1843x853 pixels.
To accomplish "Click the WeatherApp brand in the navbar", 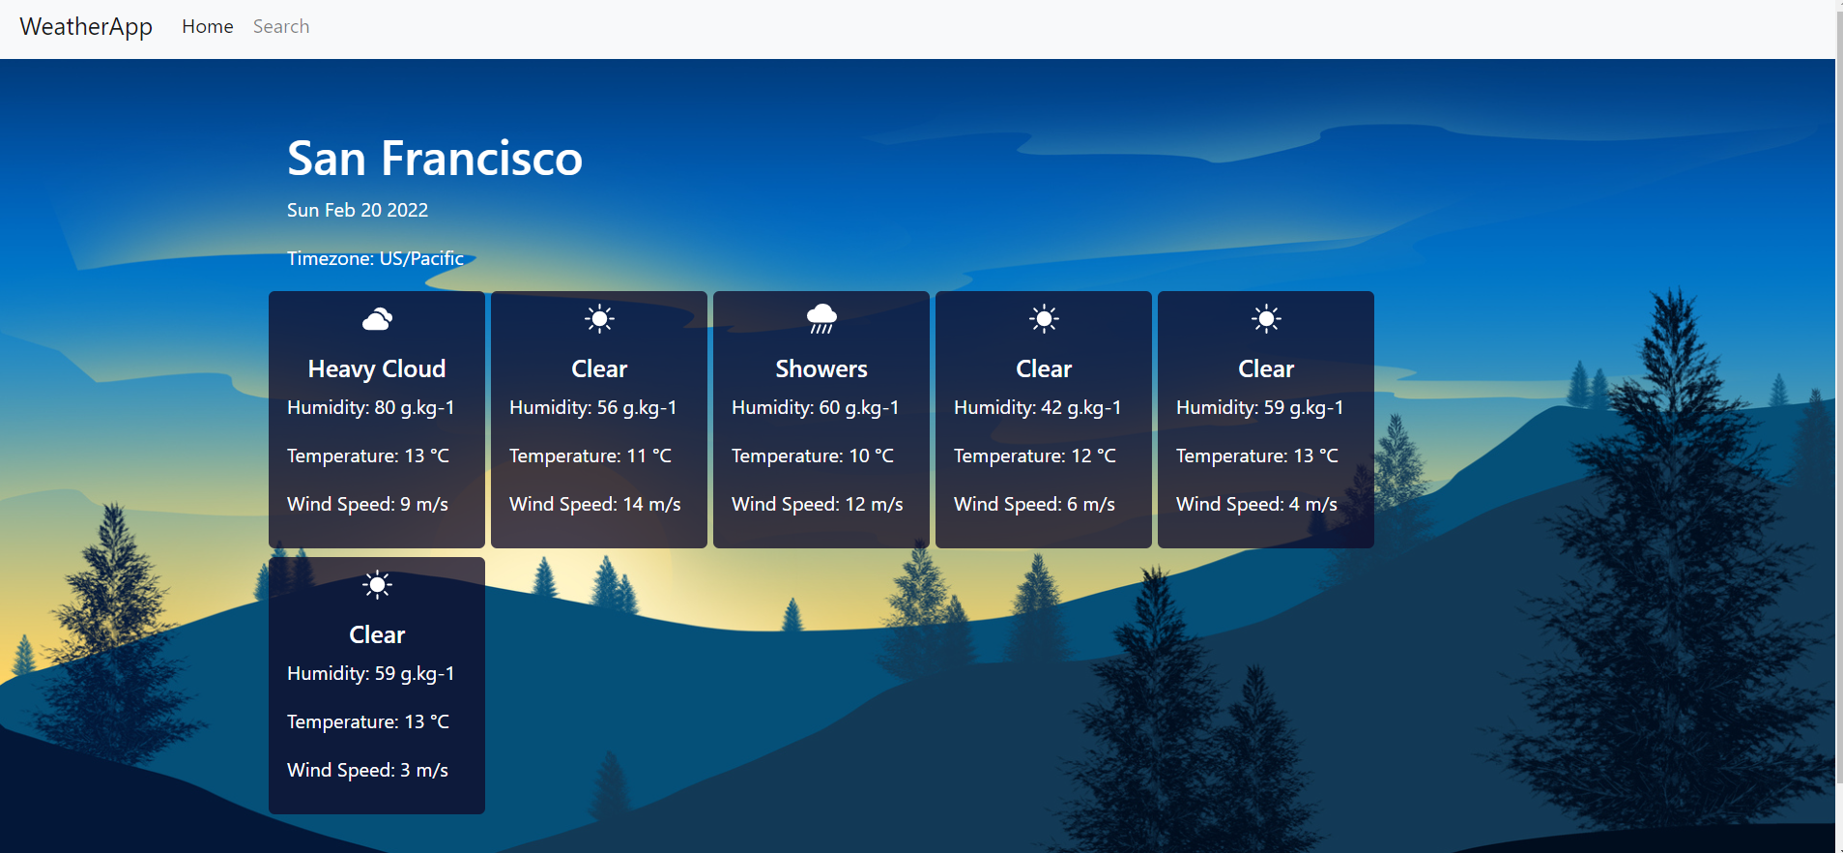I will pos(86,27).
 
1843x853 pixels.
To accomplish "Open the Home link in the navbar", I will pos(208,27).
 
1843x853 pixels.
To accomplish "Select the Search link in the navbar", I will pos(281,27).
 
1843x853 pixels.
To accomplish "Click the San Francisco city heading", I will pos(434,159).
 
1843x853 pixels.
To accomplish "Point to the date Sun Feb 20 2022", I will pos(357,210).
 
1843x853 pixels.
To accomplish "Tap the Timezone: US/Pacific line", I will pos(375,258).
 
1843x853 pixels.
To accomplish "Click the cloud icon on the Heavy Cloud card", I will pos(377,319).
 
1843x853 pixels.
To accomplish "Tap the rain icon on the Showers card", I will pos(821,318).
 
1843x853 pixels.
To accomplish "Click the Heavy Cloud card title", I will pos(377,368).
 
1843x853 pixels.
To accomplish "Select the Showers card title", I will pos(821,368).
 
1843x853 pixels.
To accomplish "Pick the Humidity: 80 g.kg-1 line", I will pos(370,407).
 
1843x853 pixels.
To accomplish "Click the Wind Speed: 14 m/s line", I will pos(594,504).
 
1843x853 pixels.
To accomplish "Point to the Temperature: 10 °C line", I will pos(812,456).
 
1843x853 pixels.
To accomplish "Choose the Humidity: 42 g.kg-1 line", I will pos(1037,407).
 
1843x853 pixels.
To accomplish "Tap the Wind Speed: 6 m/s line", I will pos(1034,504).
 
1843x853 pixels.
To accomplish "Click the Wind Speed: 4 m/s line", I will pos(1256,504).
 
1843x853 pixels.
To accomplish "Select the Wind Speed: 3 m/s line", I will pos(367,770).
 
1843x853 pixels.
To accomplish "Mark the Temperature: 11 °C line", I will pos(590,456).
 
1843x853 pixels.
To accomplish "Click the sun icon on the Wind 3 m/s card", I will pos(377,585).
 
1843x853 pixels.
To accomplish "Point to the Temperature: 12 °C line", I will pos(1034,456).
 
